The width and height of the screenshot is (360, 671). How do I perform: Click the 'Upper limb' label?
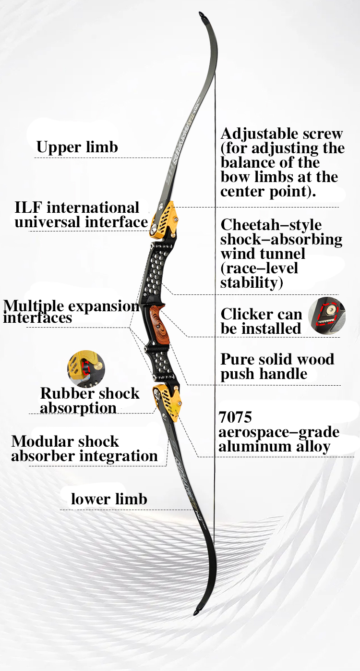pyautogui.click(x=77, y=147)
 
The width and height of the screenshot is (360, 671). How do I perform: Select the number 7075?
pyautogui.click(x=235, y=416)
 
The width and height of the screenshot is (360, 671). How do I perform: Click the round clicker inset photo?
pyautogui.click(x=326, y=316)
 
